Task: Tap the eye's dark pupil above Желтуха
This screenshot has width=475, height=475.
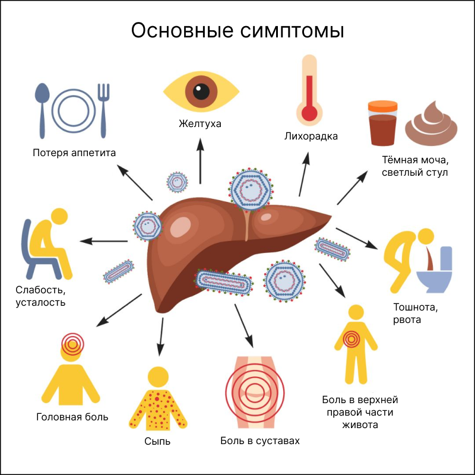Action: coord(201,92)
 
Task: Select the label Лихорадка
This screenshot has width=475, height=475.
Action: coord(311,137)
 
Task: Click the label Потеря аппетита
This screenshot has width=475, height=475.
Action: coord(74,153)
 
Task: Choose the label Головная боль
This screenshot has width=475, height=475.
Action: coord(72,417)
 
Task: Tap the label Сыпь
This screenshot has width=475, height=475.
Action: coord(157,441)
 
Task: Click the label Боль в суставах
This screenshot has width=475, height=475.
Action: coord(260,441)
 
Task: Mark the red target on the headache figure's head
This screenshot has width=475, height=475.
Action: coord(72,343)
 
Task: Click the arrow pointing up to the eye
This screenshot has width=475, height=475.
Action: coord(201,160)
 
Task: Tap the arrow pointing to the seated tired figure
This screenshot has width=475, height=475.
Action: coord(104,241)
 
